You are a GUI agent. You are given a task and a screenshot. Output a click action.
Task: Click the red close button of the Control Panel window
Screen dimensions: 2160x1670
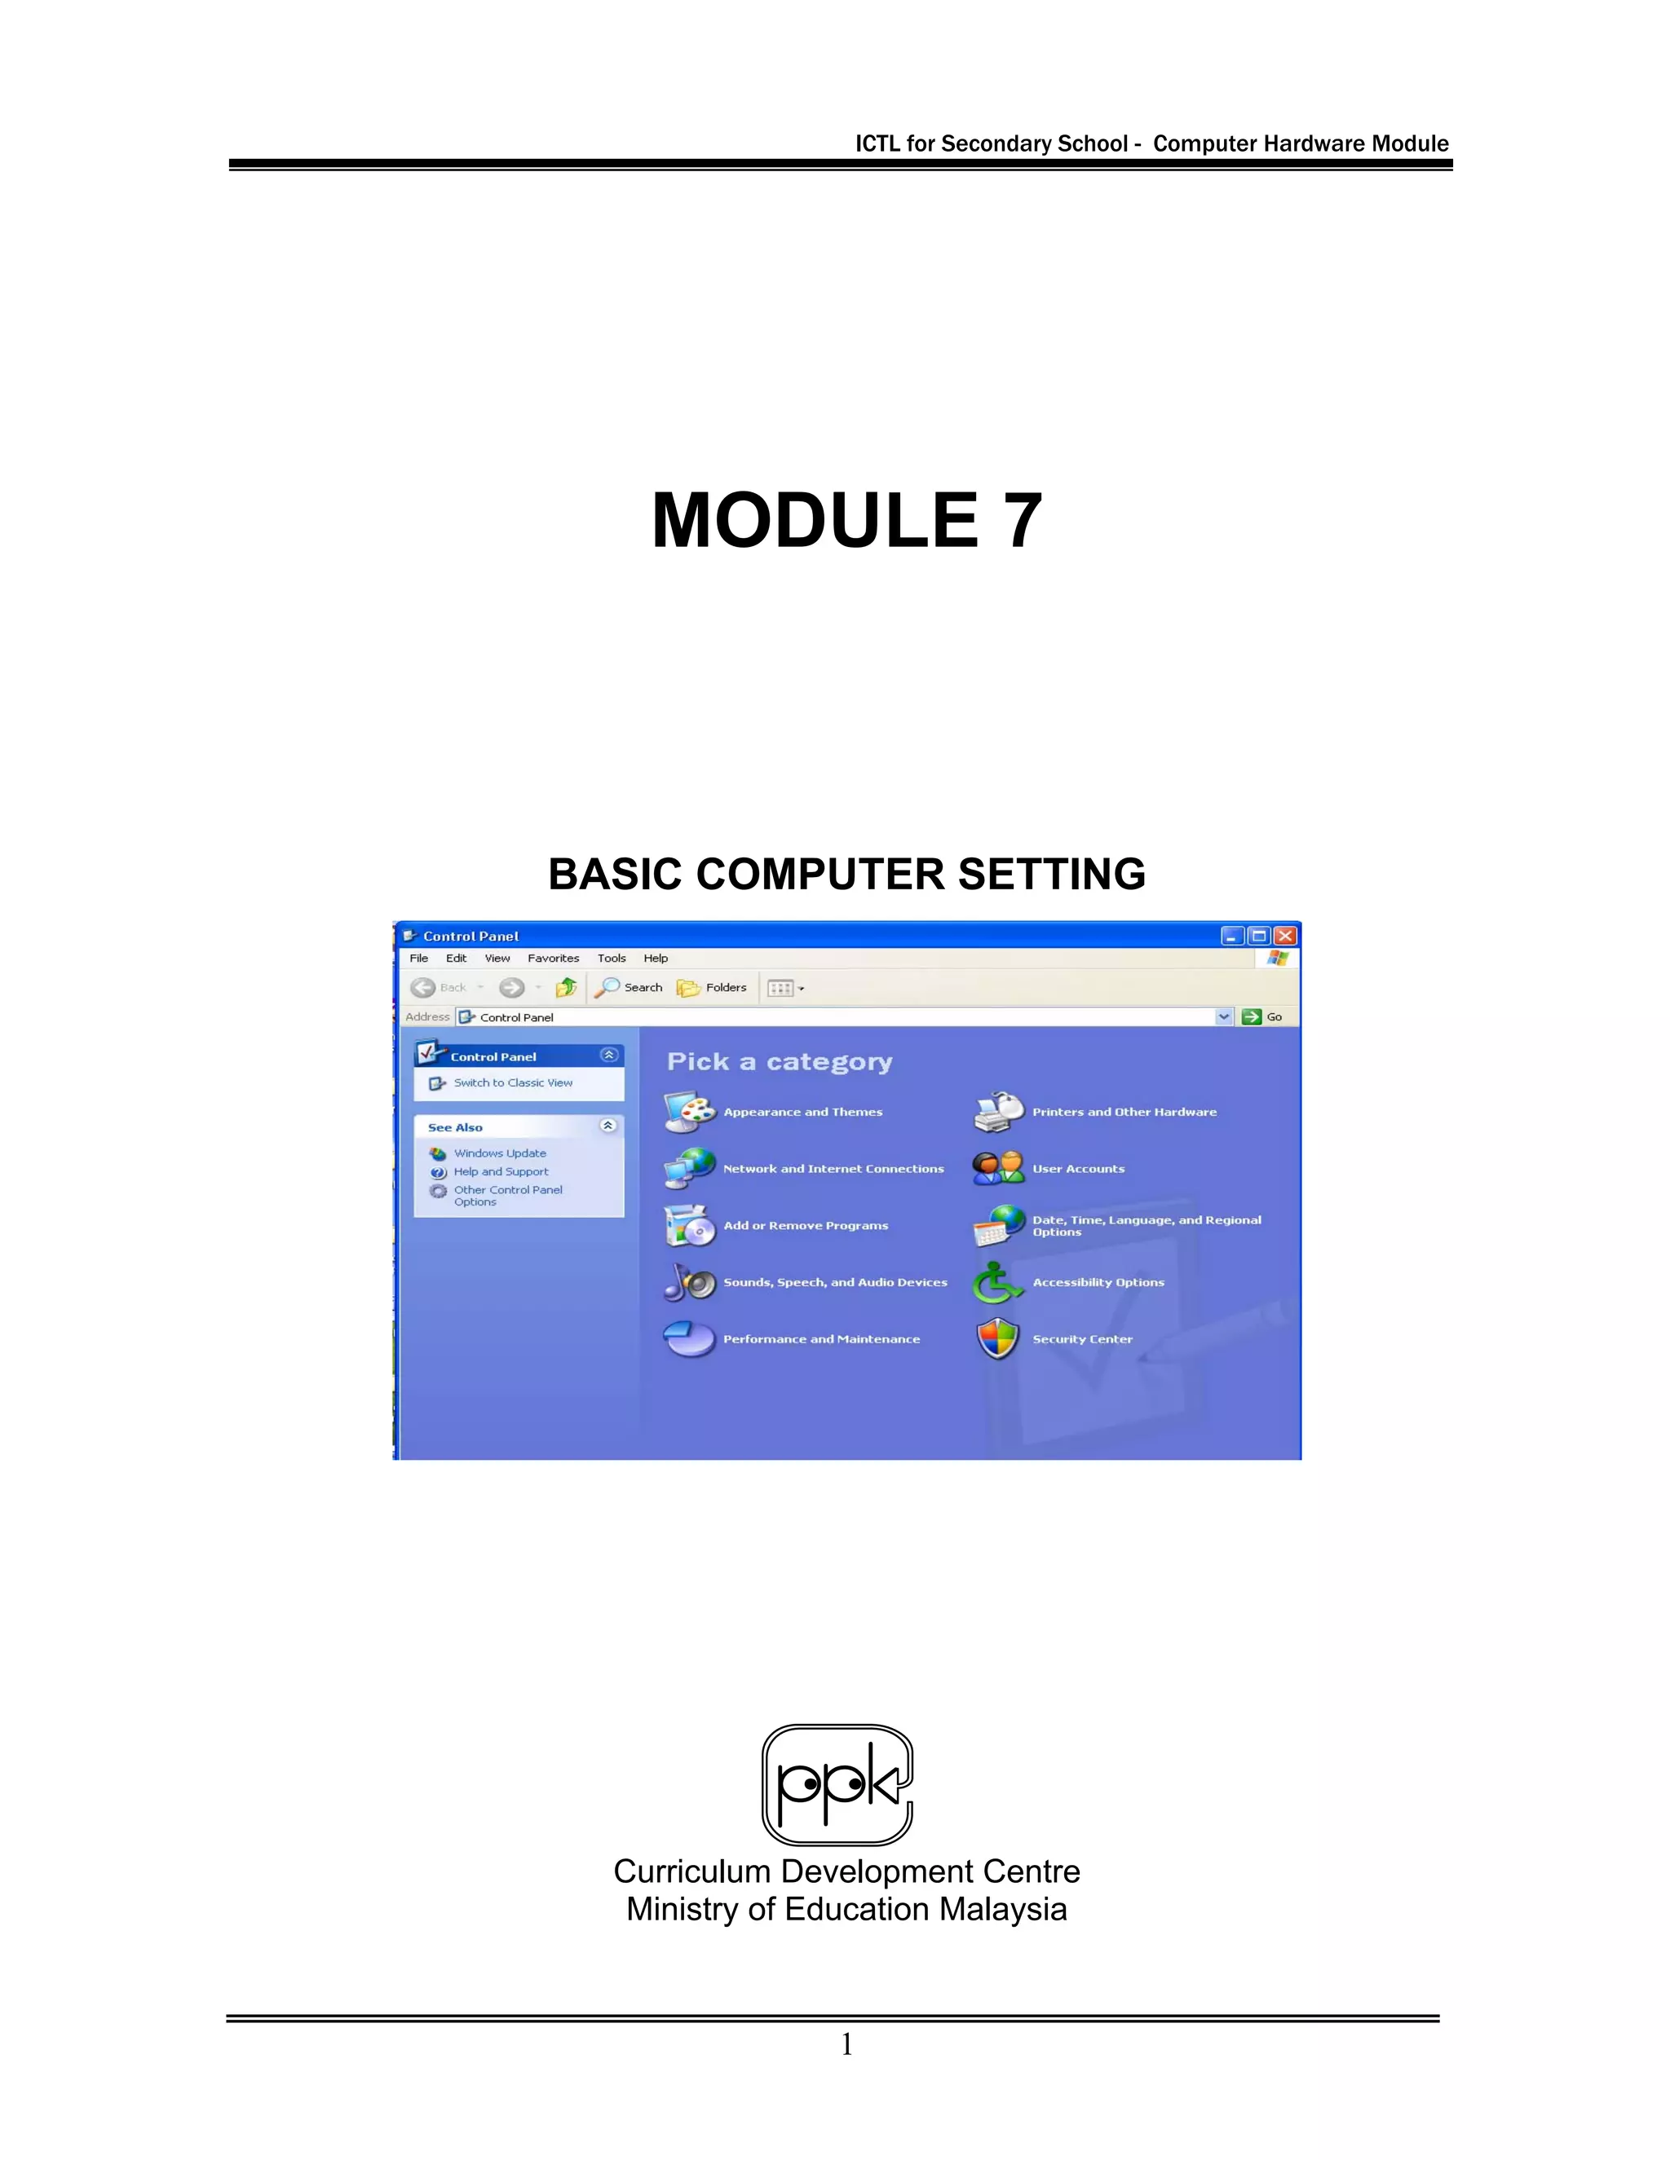tap(1285, 936)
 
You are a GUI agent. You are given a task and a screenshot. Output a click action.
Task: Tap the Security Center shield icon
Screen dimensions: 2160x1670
tap(997, 1339)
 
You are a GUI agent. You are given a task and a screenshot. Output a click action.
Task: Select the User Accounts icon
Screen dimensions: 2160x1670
tap(997, 1168)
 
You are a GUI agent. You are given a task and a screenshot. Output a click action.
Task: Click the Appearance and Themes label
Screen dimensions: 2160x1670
tap(802, 1112)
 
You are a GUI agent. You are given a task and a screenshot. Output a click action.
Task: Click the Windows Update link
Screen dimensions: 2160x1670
tap(500, 1153)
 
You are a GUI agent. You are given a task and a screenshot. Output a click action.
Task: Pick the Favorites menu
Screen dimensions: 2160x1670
tap(553, 959)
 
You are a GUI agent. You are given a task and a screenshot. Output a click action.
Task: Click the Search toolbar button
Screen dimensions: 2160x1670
tap(630, 987)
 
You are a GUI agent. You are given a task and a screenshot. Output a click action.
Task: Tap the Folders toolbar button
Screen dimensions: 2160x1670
tap(713, 987)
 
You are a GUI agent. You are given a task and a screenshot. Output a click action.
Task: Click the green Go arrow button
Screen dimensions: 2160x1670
tap(1252, 1016)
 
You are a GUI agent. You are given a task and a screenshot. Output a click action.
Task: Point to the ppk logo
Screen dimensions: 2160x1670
tap(837, 1784)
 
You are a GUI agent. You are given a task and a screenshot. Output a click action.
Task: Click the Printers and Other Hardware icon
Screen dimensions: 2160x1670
tap(997, 1112)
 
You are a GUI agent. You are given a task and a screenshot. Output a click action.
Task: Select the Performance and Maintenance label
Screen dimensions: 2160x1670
tap(821, 1339)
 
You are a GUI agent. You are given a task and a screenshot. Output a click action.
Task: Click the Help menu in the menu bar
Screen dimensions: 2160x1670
tap(655, 959)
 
